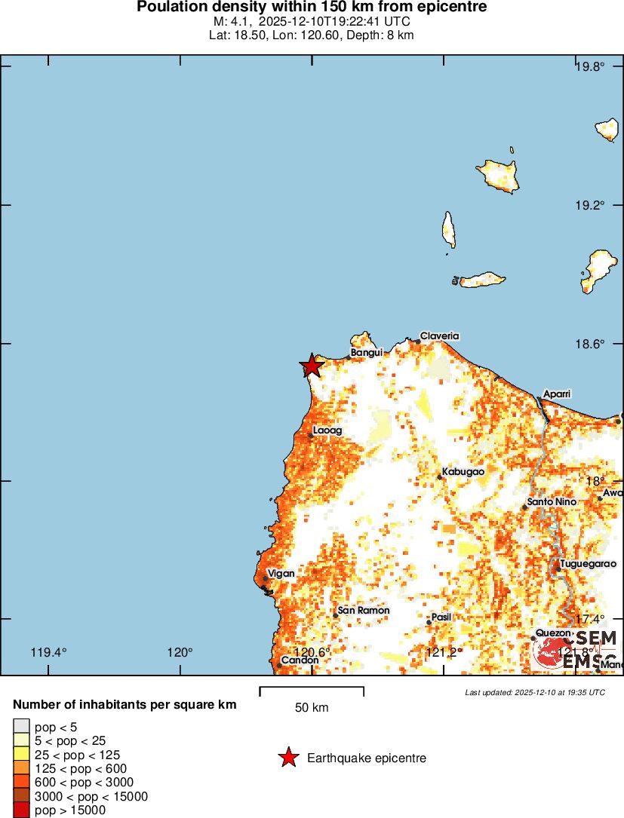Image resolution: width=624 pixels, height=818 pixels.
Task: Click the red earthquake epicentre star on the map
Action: click(311, 366)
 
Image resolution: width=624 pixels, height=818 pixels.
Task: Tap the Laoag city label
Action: click(327, 430)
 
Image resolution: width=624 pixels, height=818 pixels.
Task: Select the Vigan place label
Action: click(281, 574)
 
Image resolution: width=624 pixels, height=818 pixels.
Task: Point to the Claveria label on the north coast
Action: click(440, 336)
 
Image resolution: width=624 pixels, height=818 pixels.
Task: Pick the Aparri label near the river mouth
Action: click(558, 394)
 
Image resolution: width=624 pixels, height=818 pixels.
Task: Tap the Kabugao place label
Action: click(463, 471)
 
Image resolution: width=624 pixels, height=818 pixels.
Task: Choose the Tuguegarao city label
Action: click(588, 563)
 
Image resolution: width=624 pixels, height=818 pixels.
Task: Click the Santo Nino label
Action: click(552, 502)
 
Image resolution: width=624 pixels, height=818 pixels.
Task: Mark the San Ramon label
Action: click(364, 611)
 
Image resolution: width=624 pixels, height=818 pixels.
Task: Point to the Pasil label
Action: click(441, 617)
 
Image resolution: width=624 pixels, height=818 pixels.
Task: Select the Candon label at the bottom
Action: click(300, 660)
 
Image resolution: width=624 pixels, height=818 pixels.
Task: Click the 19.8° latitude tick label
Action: click(589, 67)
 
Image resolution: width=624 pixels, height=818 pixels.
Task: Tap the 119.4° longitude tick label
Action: click(49, 653)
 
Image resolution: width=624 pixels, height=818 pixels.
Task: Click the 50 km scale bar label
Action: click(312, 708)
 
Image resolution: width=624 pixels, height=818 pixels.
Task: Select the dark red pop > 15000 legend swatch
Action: click(21, 810)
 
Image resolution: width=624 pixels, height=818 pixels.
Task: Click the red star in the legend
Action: click(287, 758)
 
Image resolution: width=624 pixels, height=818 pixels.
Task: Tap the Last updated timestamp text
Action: click(535, 692)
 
